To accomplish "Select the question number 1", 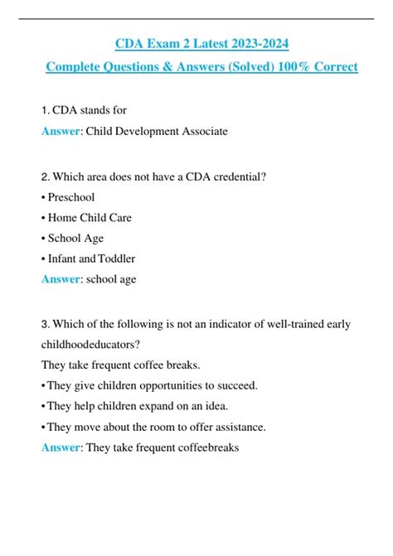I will click(x=44, y=110).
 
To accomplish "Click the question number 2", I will click(x=44, y=176).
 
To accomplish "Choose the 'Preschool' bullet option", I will click(x=70, y=197).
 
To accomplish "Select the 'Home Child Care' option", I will click(x=90, y=218).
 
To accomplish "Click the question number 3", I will click(x=44, y=325).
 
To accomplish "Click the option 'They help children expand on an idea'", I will click(x=143, y=406).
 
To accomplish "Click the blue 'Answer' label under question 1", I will click(x=60, y=131).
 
